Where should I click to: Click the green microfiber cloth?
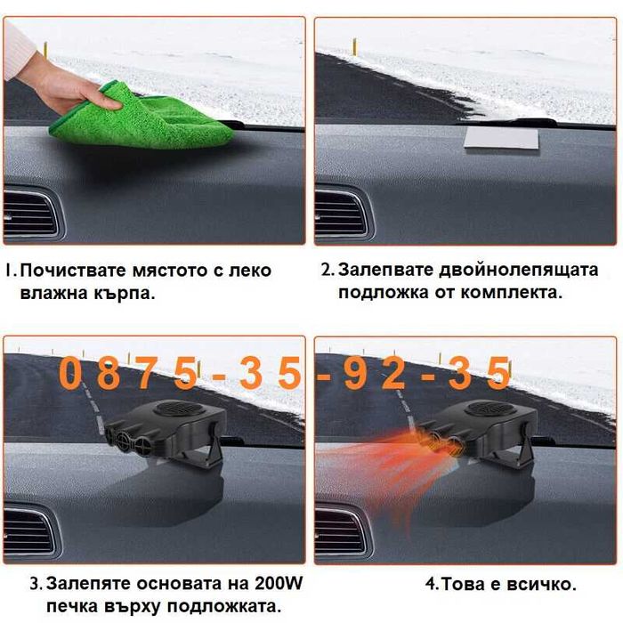(133, 116)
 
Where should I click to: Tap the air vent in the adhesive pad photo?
(341, 214)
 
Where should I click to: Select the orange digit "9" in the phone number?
(354, 374)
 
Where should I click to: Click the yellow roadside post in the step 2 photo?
(354, 45)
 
